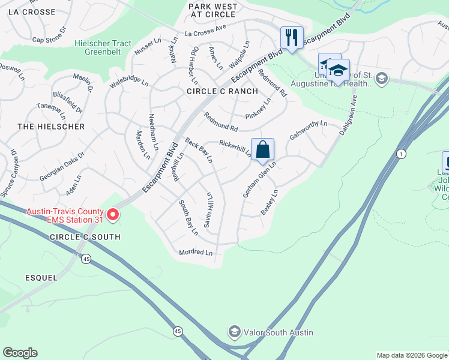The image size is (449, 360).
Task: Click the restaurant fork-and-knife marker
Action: [x=292, y=38]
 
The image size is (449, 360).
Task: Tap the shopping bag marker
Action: [x=262, y=150]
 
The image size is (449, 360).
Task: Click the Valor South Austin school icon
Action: [x=234, y=332]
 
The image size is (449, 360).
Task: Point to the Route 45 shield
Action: [x=87, y=259]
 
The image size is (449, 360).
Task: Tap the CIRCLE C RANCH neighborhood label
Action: [x=222, y=91]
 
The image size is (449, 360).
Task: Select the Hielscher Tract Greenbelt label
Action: [x=106, y=47]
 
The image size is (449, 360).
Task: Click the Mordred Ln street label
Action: [x=196, y=253]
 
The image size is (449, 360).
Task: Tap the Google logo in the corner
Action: [x=20, y=353]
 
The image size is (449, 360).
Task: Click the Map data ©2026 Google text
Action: [x=411, y=355]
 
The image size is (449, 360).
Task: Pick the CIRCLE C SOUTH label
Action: [x=85, y=237]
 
